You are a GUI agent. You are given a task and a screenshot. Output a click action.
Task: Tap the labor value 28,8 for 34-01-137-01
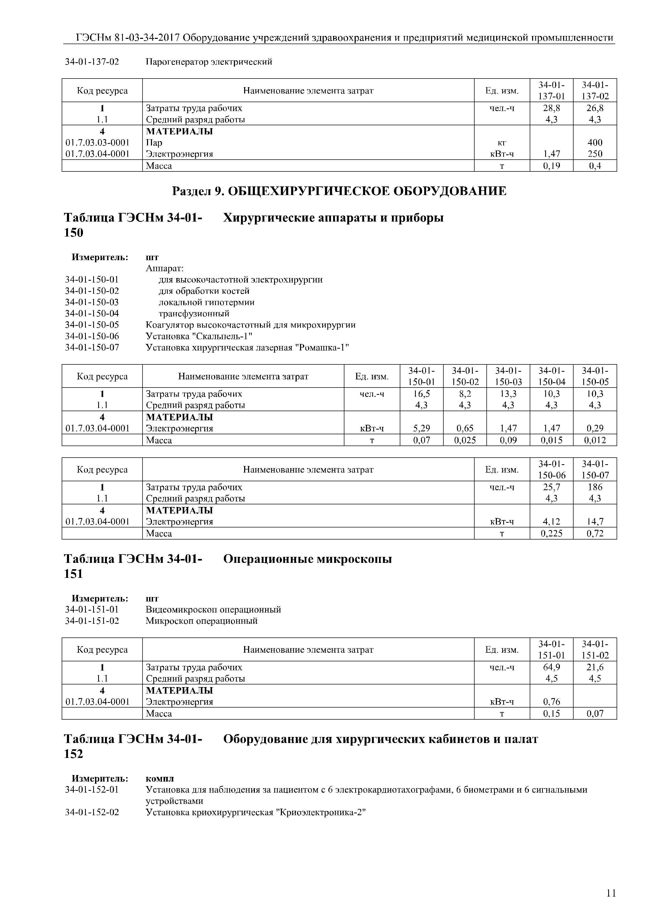click(552, 108)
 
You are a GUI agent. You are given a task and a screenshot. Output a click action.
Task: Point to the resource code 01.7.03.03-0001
click(97, 142)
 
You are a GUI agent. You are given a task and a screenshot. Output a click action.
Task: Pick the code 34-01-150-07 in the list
click(92, 347)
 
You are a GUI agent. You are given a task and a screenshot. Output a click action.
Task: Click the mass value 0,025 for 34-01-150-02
click(465, 440)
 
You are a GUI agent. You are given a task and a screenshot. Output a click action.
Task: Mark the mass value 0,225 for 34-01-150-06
click(552, 533)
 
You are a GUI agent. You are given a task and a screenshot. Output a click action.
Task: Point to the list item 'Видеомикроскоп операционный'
click(213, 609)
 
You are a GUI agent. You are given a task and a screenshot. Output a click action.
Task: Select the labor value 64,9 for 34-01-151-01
click(552, 667)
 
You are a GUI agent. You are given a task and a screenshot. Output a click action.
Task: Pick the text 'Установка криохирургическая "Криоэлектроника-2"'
click(256, 812)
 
